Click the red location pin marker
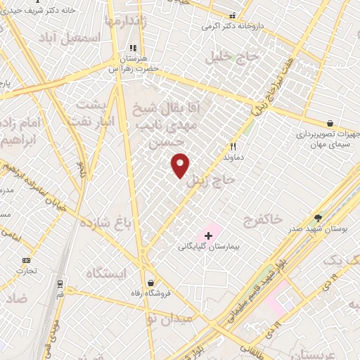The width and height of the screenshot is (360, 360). [181, 165]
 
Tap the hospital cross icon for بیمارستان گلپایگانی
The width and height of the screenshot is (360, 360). [208, 235]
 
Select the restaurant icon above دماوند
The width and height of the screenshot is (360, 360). [233, 147]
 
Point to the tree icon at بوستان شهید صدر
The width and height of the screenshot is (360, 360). [318, 218]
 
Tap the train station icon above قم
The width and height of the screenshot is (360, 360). [60, 285]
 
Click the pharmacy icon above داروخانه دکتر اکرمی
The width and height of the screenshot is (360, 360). [233, 14]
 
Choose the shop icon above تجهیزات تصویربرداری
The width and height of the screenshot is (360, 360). [330, 122]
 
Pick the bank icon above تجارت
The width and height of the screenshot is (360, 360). [27, 259]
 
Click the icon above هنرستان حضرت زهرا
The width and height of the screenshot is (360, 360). [130, 49]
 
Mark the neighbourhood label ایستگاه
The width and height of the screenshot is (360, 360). [107, 273]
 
